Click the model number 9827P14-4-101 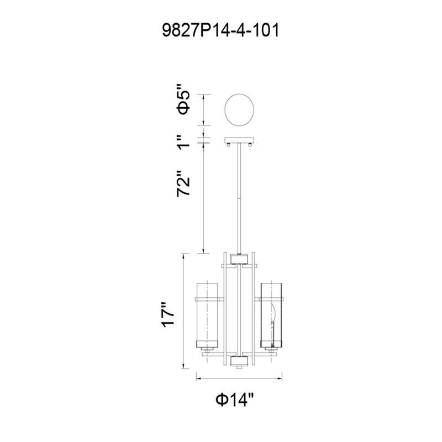[220, 30]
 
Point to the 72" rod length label [183, 183]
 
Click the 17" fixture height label [168, 315]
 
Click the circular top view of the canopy [239, 109]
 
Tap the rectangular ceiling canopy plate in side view [239, 140]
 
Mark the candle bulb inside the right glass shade [272, 325]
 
